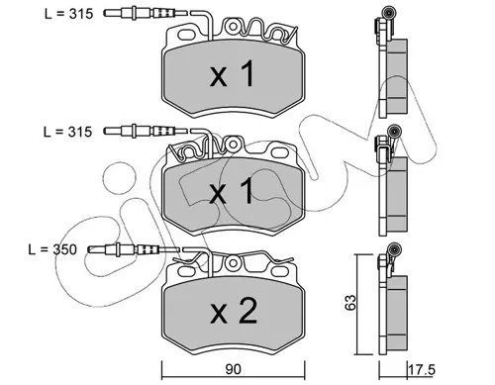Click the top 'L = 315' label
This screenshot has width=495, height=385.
[68, 14]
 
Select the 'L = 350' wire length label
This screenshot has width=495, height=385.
[52, 249]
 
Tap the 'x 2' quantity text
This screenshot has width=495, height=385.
[234, 311]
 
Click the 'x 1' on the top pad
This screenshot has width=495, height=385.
[233, 74]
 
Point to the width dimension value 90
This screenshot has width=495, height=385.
[233, 369]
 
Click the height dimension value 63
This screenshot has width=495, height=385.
[350, 302]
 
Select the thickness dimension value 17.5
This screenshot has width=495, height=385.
[422, 370]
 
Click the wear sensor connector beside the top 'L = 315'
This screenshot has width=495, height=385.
[146, 13]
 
